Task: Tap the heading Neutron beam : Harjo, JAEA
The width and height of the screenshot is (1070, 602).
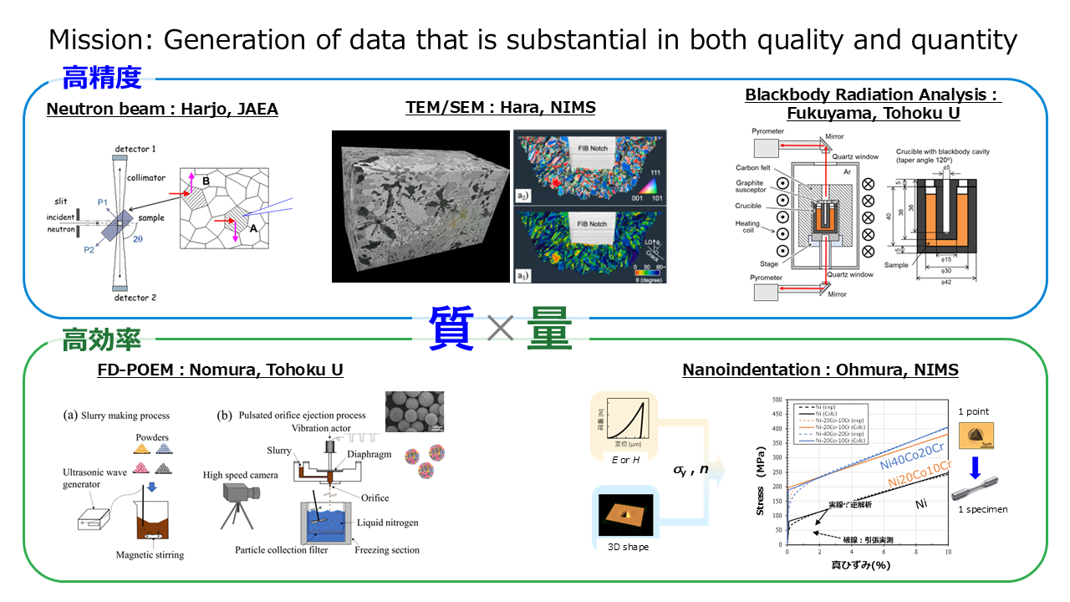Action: coord(162,109)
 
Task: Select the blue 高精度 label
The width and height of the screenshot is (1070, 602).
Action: coord(102,79)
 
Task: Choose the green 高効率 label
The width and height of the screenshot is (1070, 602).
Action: coord(102,339)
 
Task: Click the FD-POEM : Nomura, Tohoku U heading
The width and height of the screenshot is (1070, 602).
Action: coord(221,370)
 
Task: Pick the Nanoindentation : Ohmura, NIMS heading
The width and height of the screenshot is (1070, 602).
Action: coord(820,370)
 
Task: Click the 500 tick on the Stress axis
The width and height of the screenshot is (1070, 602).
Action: coord(777,400)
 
